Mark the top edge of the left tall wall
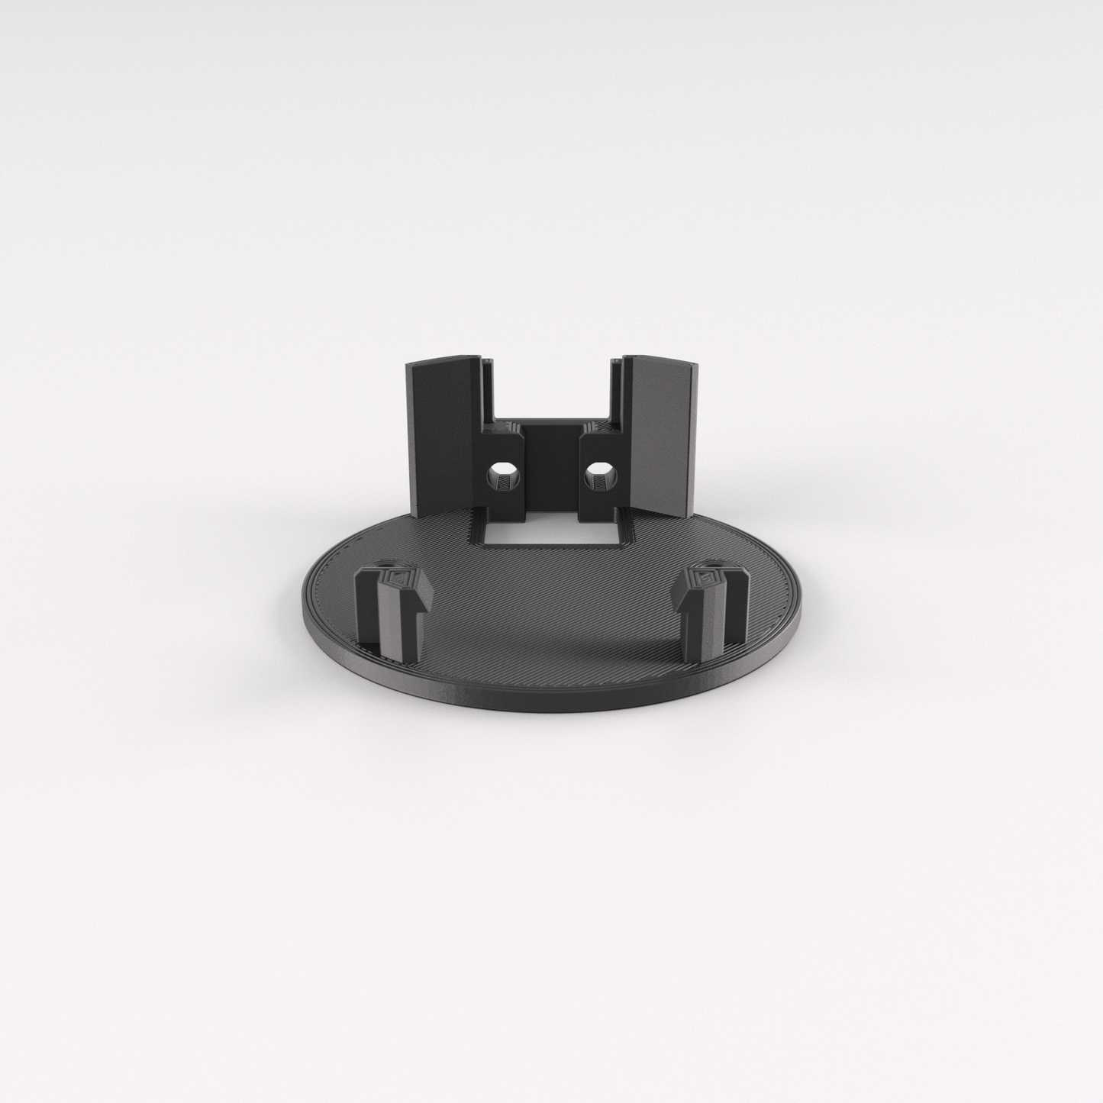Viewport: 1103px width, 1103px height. (x=443, y=361)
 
